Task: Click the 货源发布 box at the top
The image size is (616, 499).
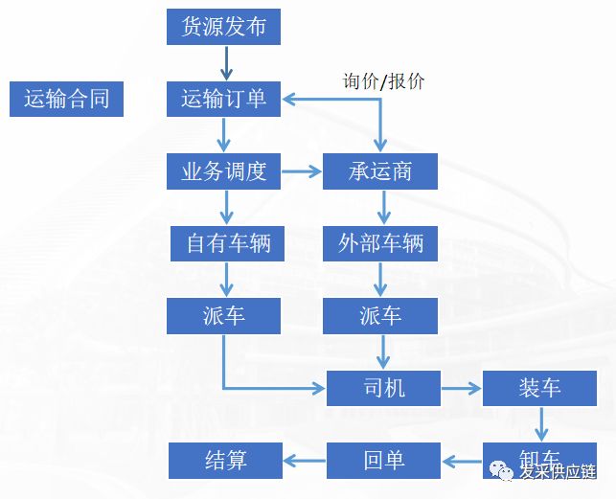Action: pyautogui.click(x=223, y=26)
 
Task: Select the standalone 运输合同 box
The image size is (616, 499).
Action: pyautogui.click(x=66, y=99)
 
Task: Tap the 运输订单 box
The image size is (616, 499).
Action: pyautogui.click(x=223, y=99)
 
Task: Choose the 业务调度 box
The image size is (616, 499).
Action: pyautogui.click(x=223, y=171)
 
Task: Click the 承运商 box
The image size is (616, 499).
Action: pyautogui.click(x=380, y=171)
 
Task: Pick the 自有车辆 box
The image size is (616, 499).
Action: pyautogui.click(x=228, y=243)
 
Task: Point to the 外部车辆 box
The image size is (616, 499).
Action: pyautogui.click(x=380, y=243)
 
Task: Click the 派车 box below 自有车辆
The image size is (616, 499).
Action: pyautogui.click(x=223, y=316)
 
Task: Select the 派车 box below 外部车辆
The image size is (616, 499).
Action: pyautogui.click(x=380, y=316)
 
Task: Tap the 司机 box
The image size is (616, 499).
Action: pyautogui.click(x=384, y=388)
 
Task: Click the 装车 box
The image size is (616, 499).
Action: pyautogui.click(x=540, y=388)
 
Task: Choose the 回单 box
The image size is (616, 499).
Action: pyautogui.click(x=384, y=460)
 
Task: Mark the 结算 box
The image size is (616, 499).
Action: pyautogui.click(x=226, y=460)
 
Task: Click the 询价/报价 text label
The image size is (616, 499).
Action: pyautogui.click(x=383, y=81)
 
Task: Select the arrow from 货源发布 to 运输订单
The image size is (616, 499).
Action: pyautogui.click(x=227, y=62)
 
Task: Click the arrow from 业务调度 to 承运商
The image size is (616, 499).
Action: pyautogui.click(x=302, y=172)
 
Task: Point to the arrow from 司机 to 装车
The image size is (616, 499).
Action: pyautogui.click(x=462, y=388)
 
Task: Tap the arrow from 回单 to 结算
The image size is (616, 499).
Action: pyautogui.click(x=305, y=461)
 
